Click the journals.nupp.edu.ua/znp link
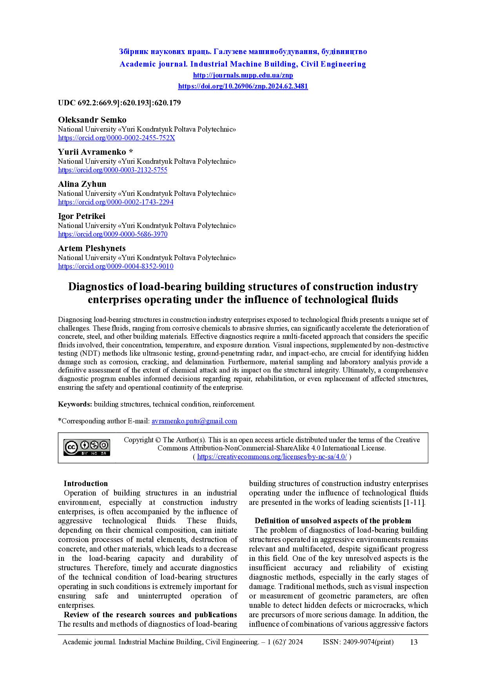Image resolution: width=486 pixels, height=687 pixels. coord(243,75)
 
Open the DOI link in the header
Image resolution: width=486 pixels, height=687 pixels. coord(243,86)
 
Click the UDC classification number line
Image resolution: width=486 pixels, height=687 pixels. coord(119,103)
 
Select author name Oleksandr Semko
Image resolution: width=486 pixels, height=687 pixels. coord(92,120)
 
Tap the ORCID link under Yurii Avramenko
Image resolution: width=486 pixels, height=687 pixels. coord(112,170)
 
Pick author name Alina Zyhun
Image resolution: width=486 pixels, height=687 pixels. coord(82,184)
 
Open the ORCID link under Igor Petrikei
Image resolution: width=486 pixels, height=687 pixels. coord(112,234)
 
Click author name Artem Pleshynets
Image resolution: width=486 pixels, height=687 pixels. coord(92,248)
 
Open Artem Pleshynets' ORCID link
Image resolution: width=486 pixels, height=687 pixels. coord(116,266)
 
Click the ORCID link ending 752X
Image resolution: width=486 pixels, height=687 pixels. coord(116,138)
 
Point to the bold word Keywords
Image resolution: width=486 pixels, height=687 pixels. coord(75,404)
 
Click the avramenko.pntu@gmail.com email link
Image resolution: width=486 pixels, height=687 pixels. coord(194,421)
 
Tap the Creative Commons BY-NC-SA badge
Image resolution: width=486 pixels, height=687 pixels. coord(87,447)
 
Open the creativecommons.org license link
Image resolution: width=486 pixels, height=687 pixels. coord(272,457)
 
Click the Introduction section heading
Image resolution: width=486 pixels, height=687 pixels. coord(85,484)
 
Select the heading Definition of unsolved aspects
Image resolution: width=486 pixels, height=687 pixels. coord(333,521)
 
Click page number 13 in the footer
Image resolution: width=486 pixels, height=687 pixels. coord(413,642)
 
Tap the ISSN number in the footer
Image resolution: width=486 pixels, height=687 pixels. coord(358,642)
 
